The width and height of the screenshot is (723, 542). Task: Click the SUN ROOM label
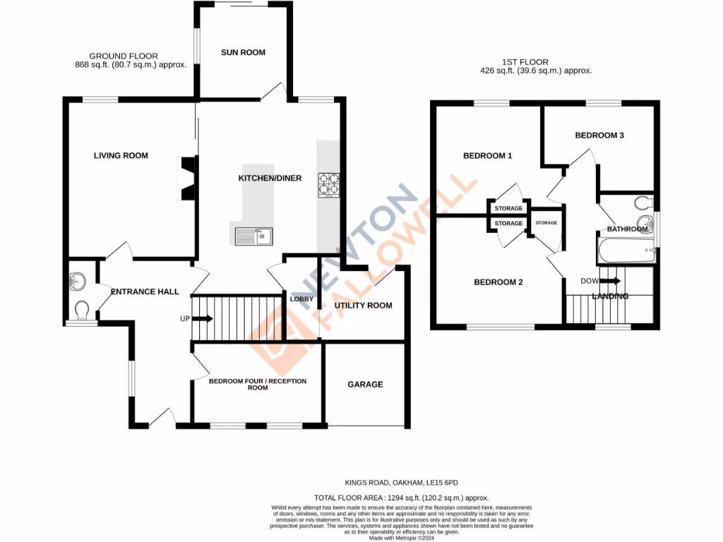coord(243,52)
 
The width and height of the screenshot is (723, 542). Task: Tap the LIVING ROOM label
coord(121,155)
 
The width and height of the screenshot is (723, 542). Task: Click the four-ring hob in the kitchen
coord(330,185)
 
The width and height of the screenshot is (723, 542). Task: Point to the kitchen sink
coord(252,236)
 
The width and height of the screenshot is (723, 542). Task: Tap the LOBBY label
coord(301,299)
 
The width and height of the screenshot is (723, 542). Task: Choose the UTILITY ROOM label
coord(364,306)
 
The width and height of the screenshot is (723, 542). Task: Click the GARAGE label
coord(365,385)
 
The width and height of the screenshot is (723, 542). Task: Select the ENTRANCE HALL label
coord(145,291)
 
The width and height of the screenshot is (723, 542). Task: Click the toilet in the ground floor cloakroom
coord(81,310)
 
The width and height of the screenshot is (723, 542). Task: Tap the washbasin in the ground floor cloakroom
coord(77,282)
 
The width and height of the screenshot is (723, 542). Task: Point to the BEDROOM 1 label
coord(487,156)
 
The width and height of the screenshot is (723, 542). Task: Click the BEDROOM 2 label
coord(498,282)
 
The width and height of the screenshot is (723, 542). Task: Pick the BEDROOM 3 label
coord(599,135)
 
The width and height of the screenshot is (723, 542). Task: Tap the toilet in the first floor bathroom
coord(643,204)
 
